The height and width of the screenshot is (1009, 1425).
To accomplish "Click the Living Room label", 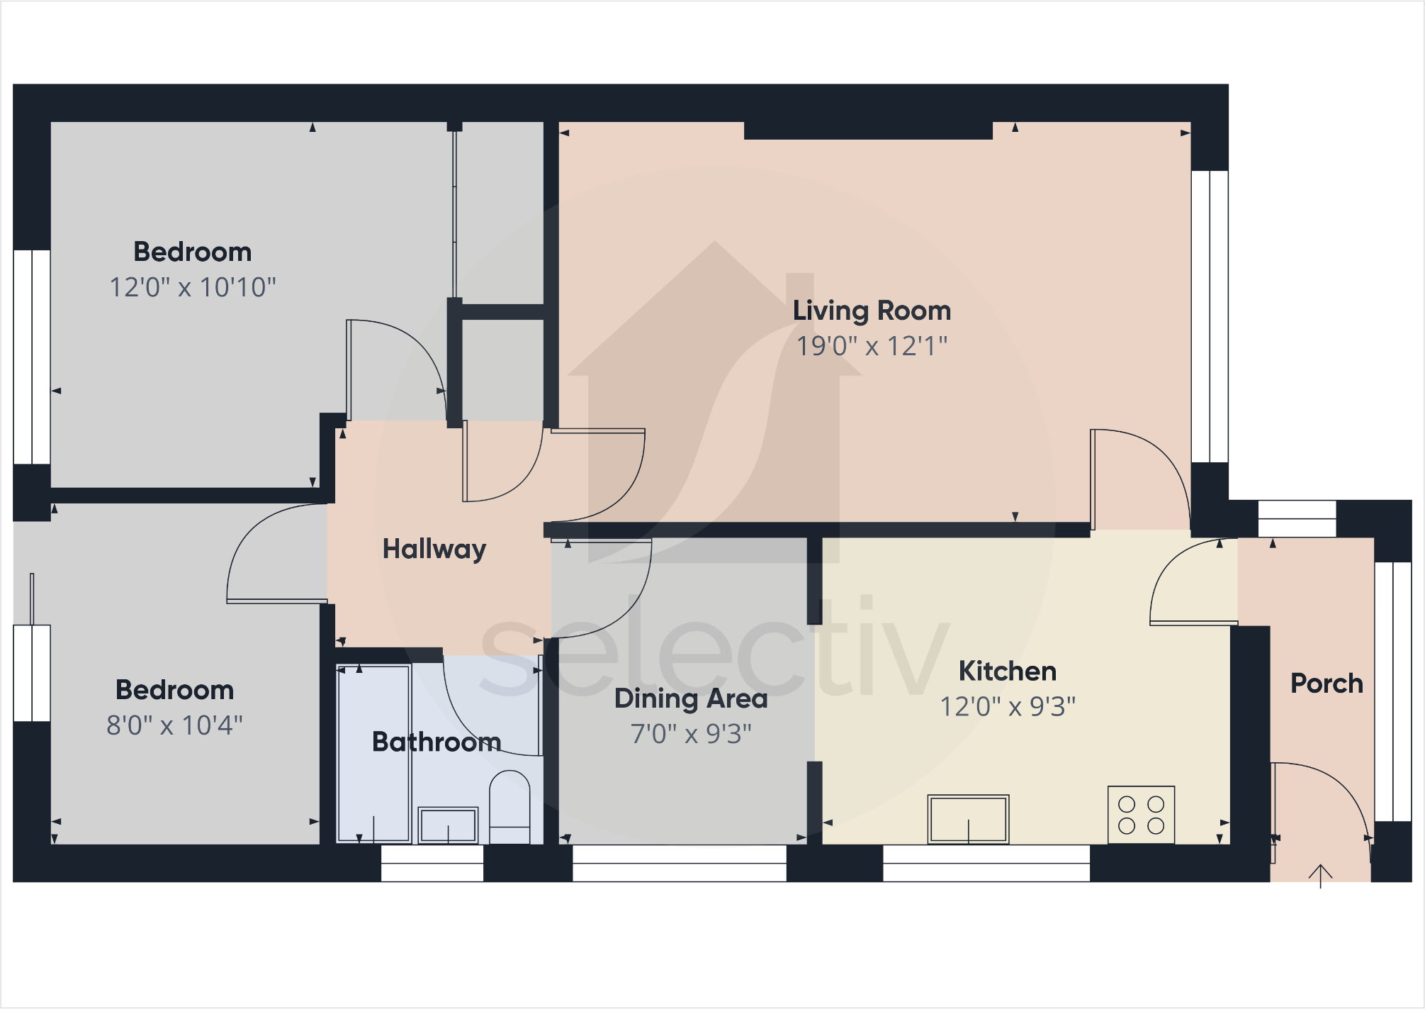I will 872,311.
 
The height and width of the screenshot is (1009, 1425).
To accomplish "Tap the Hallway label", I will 434,549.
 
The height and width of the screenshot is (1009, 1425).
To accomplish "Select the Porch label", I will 1327,684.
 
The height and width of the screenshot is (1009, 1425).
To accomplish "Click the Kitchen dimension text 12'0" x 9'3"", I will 1007,707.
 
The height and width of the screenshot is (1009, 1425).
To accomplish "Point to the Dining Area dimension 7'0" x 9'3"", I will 691,734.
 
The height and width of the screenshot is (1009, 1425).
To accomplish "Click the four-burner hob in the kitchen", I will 1141,815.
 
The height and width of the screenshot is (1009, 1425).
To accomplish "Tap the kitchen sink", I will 968,819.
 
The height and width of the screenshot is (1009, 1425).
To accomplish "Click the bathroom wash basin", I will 448,825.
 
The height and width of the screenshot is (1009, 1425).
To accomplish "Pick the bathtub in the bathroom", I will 373,753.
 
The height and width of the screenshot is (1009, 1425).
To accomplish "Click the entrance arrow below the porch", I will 1320,876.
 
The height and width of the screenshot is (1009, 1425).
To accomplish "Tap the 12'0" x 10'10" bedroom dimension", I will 192,287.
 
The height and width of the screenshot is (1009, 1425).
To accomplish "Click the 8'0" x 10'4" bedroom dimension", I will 174,725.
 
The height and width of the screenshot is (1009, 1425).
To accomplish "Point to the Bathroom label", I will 436,742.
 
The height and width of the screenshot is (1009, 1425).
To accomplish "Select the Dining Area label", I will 691,698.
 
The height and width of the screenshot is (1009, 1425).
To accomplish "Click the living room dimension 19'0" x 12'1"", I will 872,346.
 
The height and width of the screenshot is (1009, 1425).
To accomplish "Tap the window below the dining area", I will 679,863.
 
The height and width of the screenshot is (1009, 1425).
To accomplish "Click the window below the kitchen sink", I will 986,863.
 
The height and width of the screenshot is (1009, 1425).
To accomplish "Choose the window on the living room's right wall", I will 1209,316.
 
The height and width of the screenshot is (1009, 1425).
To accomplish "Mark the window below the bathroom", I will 432,863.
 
